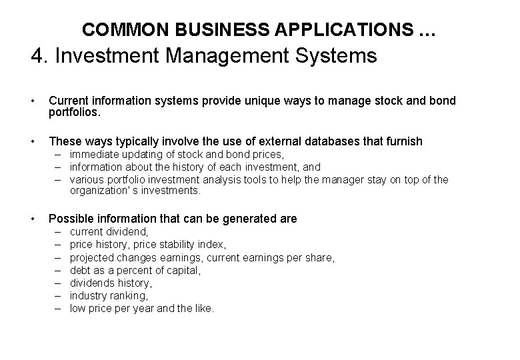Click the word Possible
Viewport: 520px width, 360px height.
[71, 219]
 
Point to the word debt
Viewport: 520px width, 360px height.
[81, 270]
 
